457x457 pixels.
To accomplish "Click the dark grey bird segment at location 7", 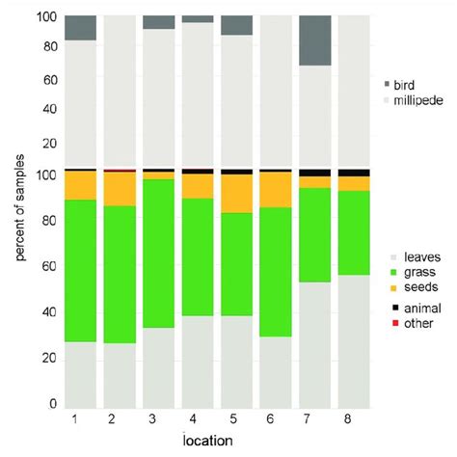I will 315,40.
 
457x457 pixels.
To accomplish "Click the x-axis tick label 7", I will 315,420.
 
